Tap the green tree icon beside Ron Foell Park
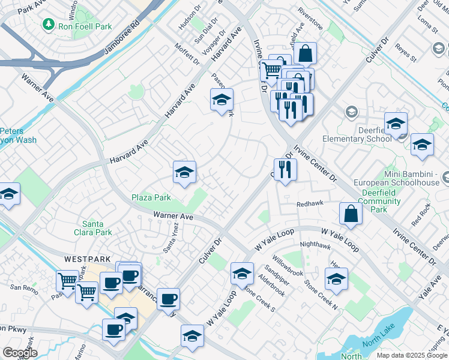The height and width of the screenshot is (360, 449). point(47,25)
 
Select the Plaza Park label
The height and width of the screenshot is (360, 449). point(151,197)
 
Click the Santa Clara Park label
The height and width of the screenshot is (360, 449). point(97,228)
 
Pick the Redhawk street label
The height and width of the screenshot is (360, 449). point(311,204)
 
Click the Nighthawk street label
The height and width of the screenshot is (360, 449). point(315,245)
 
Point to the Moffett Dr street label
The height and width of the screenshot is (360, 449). point(187,54)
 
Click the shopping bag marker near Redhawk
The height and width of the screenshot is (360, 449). point(351,213)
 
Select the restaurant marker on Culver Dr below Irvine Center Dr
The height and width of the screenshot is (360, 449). point(285,169)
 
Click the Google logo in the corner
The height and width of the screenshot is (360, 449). point(20,353)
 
